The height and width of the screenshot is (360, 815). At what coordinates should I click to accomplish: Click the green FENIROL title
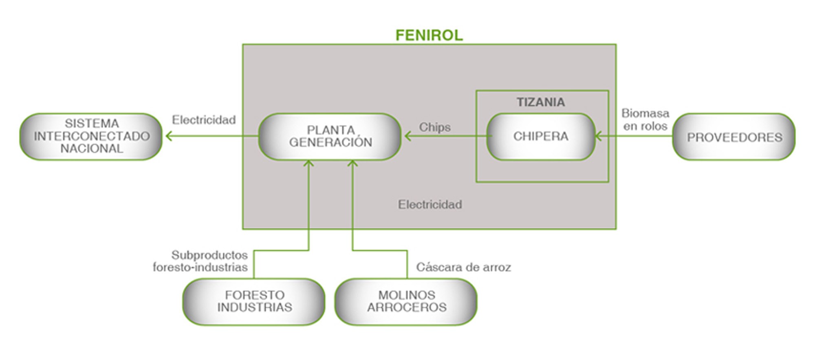[x=429, y=35]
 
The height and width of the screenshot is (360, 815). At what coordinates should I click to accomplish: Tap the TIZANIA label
[x=541, y=102]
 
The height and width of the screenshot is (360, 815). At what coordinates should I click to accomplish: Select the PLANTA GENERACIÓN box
[x=330, y=136]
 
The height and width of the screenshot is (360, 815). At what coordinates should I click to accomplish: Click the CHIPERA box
[x=541, y=136]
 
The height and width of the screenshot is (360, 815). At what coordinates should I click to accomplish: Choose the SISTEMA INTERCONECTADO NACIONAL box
[x=91, y=136]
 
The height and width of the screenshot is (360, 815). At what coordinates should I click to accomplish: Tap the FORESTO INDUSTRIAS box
[x=254, y=301]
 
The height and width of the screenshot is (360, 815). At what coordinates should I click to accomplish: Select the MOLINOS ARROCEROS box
[x=406, y=301]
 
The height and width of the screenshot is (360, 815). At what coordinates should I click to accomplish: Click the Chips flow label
[x=435, y=127]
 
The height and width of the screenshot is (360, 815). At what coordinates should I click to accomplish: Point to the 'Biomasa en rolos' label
[x=645, y=119]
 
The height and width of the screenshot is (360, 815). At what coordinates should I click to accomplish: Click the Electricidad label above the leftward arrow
[x=204, y=120]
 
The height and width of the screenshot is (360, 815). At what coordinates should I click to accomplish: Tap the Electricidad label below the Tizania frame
[x=430, y=204]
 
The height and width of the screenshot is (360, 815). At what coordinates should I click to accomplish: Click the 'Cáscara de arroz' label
[x=463, y=267]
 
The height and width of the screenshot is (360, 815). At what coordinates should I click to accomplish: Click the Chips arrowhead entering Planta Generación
[x=407, y=136]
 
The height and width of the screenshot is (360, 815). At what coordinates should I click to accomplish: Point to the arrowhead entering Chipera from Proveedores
[x=598, y=136]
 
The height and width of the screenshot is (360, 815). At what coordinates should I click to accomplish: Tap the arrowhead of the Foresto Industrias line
[x=308, y=163]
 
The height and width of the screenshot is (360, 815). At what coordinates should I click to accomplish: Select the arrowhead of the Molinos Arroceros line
[x=352, y=163]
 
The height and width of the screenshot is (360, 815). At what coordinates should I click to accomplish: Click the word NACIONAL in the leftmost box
[x=91, y=149]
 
